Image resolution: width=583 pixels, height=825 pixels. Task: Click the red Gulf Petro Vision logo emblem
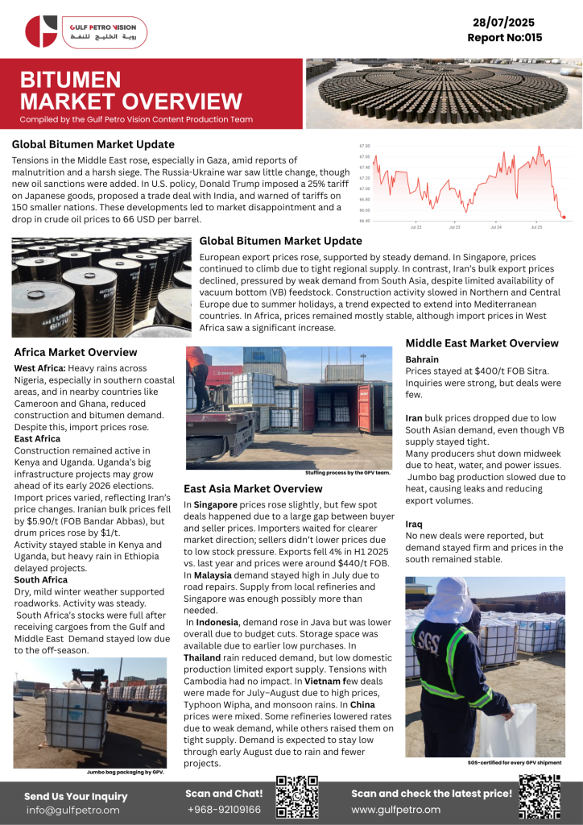41,31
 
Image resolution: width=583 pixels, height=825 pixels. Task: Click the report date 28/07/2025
505,23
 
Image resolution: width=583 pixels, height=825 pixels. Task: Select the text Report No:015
505,38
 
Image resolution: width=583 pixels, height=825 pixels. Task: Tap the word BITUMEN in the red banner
70,80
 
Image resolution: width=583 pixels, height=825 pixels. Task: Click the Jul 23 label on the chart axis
455,228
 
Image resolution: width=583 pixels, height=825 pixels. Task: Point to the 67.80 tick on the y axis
365,146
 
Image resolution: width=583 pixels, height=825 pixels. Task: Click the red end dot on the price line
563,217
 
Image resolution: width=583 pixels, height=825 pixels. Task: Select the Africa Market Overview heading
76,352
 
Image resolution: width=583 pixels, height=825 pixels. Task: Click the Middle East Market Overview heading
482,343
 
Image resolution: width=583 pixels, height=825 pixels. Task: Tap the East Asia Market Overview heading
253,488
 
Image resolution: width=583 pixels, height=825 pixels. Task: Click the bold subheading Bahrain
423,359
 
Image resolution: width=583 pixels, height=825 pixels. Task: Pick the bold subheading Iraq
414,524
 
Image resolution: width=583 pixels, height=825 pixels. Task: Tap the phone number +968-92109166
224,809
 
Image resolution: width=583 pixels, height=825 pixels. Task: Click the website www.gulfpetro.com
395,809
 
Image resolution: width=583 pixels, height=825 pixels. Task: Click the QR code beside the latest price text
539,797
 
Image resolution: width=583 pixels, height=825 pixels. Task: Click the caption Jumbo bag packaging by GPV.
125,772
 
